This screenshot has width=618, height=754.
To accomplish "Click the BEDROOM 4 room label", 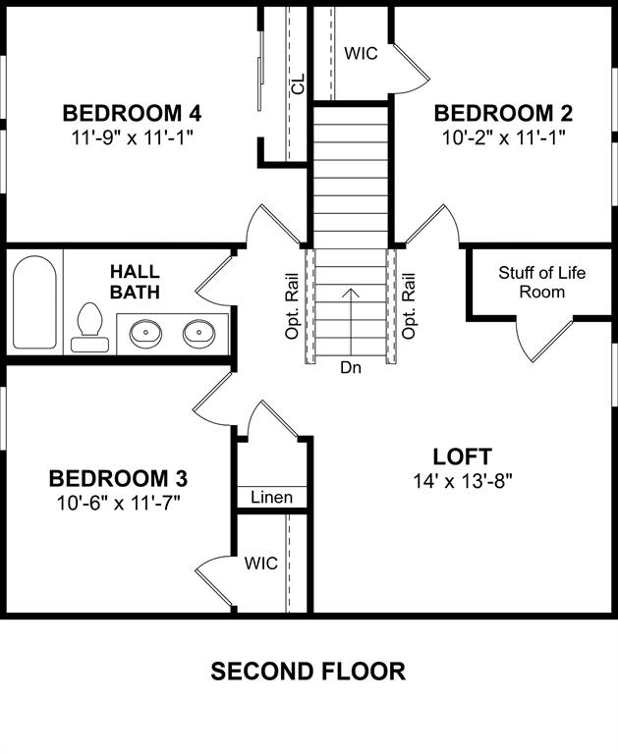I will (133, 112).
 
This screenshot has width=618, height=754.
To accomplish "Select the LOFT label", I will (462, 457).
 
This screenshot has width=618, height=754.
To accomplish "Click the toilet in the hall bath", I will (89, 328).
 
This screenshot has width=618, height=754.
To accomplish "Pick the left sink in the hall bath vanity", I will (146, 332).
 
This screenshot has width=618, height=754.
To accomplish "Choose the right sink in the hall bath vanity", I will (199, 332).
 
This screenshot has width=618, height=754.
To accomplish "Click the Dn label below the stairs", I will (351, 368).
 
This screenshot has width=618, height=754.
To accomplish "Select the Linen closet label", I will (271, 498).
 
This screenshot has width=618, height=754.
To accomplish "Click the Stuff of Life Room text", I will (541, 282).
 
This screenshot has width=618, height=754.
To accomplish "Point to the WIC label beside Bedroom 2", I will (361, 54).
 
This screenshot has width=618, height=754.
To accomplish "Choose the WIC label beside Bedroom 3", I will (260, 564).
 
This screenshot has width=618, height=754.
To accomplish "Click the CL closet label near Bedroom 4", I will (299, 83).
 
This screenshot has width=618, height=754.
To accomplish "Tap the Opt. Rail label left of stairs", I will (292, 305).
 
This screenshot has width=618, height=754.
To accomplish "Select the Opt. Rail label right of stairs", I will (410, 305).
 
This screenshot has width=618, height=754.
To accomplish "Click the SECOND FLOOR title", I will (309, 672).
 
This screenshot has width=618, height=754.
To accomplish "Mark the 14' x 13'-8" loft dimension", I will (462, 480).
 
